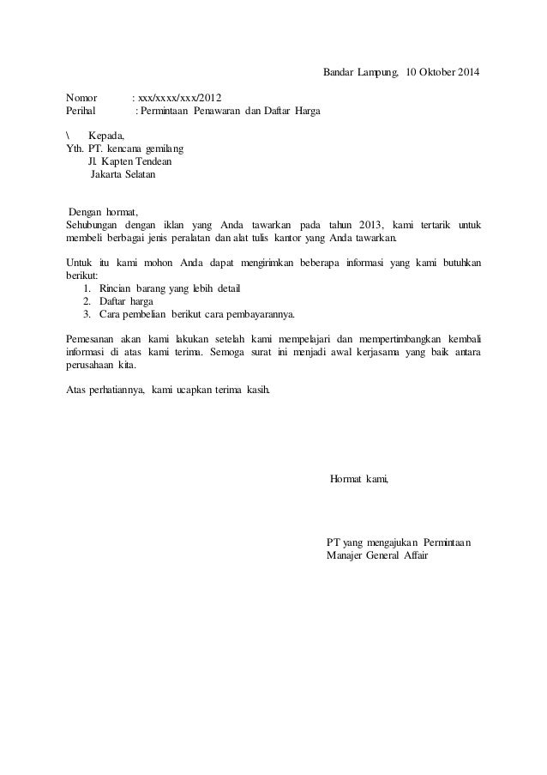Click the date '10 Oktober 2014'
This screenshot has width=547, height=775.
(443, 70)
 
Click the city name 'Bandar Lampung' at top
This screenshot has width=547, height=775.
(360, 70)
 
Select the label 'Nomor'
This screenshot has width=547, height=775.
(81, 98)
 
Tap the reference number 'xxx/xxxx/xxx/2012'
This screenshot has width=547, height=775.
(178, 98)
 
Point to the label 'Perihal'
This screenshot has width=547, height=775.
(83, 112)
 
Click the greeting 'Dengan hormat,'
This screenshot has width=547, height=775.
(103, 212)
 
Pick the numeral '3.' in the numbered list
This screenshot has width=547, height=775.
(87, 314)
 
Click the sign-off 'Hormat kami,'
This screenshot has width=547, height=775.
(358, 477)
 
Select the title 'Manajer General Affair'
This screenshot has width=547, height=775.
(377, 555)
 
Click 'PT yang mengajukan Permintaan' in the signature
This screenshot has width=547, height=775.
(404, 542)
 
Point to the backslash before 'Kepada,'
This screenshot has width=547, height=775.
(68, 135)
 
